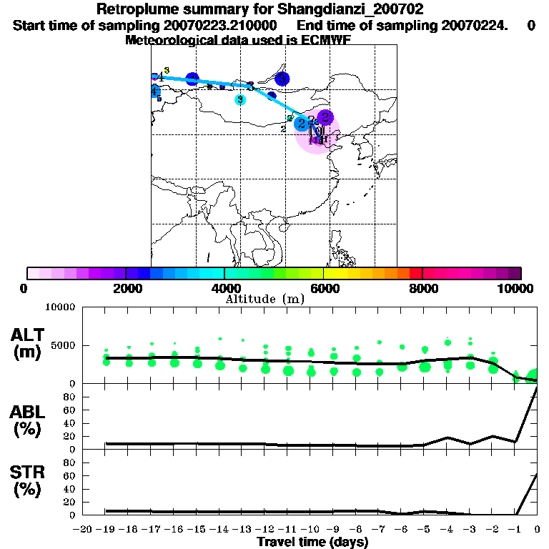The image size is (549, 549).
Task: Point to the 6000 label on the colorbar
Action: (x=323, y=288)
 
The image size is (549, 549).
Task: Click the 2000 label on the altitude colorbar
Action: (x=125, y=288)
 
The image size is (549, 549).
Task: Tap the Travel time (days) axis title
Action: (x=312, y=543)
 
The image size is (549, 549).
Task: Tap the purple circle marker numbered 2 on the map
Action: (x=325, y=117)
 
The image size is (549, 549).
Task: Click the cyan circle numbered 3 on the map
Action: (x=240, y=99)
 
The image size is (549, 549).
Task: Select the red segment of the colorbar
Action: (x=415, y=273)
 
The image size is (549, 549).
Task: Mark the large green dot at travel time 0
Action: (x=533, y=375)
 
